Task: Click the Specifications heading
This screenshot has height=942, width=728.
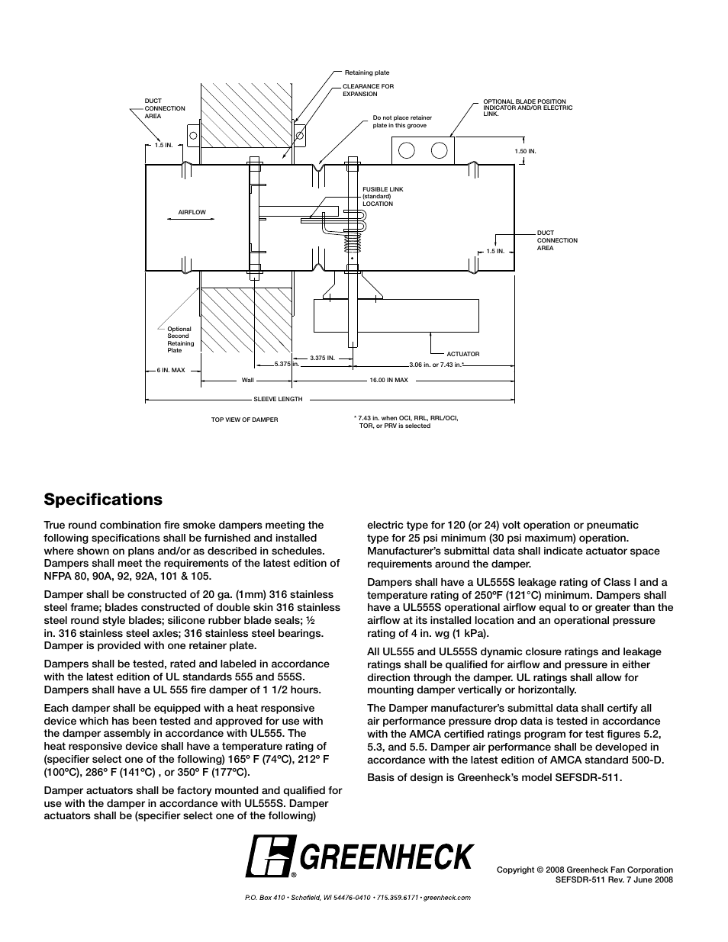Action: point(103,500)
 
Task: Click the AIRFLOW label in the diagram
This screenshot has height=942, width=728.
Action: point(192,213)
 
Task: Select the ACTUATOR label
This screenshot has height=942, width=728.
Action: point(463,354)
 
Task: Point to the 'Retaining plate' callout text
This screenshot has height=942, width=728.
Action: point(367,73)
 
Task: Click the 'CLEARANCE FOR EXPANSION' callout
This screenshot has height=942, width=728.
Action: point(368,90)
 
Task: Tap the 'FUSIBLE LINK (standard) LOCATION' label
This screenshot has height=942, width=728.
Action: point(382,197)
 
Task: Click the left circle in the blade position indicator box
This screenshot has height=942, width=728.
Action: point(407,150)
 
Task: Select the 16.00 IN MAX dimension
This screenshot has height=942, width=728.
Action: point(388,380)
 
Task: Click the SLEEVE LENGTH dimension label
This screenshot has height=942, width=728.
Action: point(278,399)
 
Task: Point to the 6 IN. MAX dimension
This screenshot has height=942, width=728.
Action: point(171,371)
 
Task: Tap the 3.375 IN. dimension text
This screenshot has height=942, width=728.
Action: point(323,358)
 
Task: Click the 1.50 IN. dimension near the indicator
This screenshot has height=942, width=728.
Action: point(526,152)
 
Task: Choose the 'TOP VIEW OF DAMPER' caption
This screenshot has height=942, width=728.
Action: point(244,420)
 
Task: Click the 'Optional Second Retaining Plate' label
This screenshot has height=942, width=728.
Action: point(181,339)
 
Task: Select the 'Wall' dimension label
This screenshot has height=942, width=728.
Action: point(248,380)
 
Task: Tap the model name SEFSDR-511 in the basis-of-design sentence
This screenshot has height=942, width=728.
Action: point(591,778)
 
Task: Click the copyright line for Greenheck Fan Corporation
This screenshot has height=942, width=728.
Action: point(585,870)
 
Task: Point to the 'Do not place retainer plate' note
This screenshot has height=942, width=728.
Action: point(402,121)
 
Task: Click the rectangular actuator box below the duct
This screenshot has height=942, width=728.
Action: point(396,316)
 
